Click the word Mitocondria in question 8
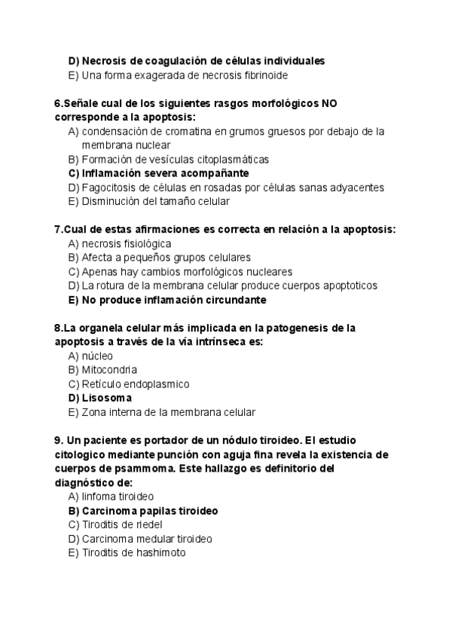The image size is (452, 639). pyautogui.click(x=109, y=370)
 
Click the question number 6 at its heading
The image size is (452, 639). pyautogui.click(x=58, y=103)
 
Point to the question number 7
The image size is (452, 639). pyautogui.click(x=58, y=229)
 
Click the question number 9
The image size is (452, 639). pyautogui.click(x=58, y=440)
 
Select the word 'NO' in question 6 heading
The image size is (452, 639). pyautogui.click(x=330, y=103)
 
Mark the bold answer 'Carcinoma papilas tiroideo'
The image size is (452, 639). pyautogui.click(x=150, y=511)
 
